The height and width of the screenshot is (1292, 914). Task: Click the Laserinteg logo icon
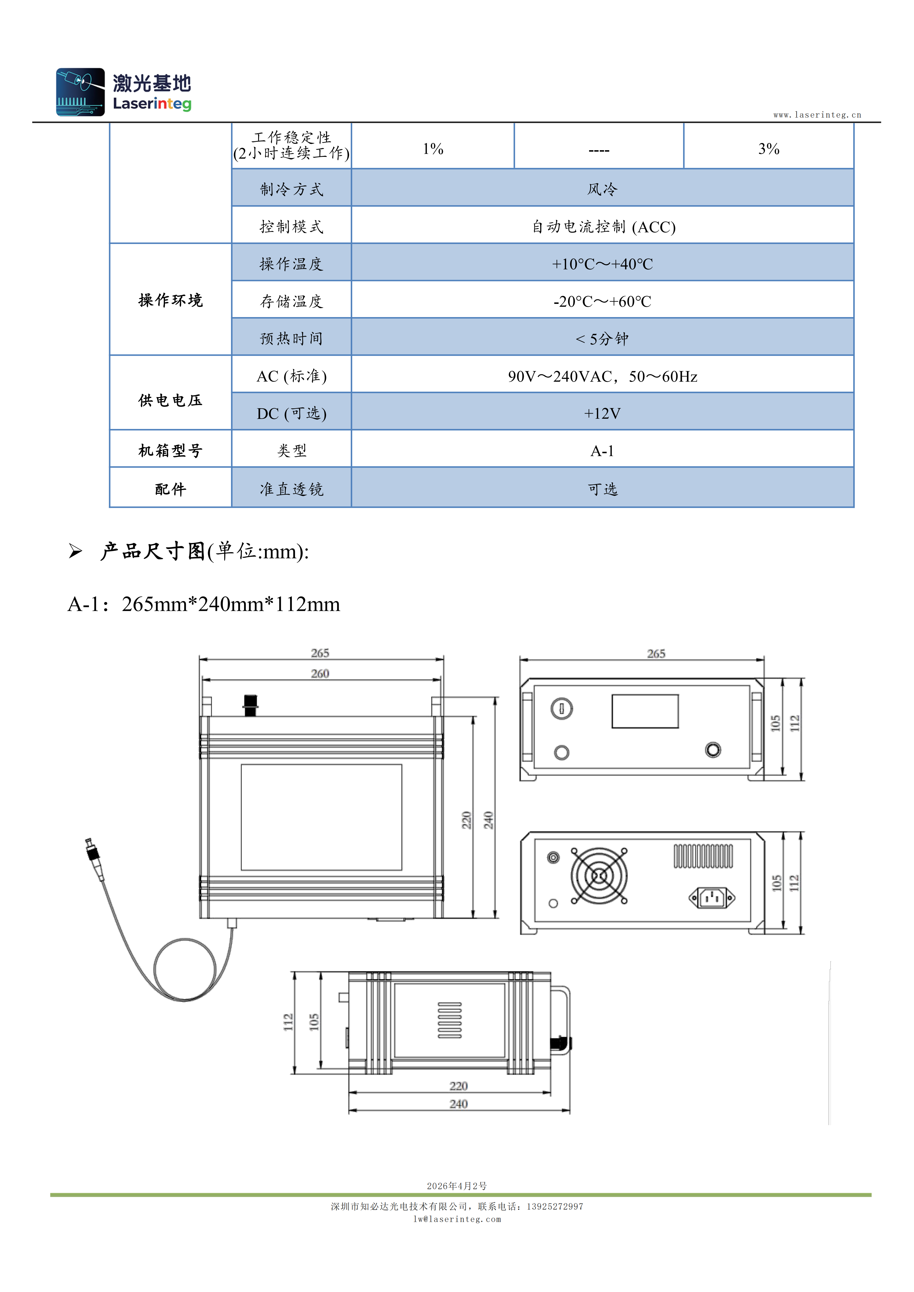tap(81, 92)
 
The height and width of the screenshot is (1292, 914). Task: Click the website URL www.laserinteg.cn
tap(817, 115)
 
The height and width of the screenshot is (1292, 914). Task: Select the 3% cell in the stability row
tap(769, 148)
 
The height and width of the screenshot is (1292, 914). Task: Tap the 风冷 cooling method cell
tap(602, 189)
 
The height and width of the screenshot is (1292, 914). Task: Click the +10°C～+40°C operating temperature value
tap(602, 264)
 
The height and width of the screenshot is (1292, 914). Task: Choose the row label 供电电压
tap(170, 400)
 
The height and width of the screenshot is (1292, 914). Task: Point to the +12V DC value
tap(602, 413)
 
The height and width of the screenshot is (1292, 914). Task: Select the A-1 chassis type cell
tap(602, 451)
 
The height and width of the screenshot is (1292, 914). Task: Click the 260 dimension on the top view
tap(320, 674)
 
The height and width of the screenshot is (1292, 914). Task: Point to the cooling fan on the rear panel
tap(599, 876)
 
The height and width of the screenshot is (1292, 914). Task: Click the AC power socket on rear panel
tap(712, 897)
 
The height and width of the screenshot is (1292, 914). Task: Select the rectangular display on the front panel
tap(645, 711)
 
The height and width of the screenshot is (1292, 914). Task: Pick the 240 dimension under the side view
tap(459, 1104)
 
